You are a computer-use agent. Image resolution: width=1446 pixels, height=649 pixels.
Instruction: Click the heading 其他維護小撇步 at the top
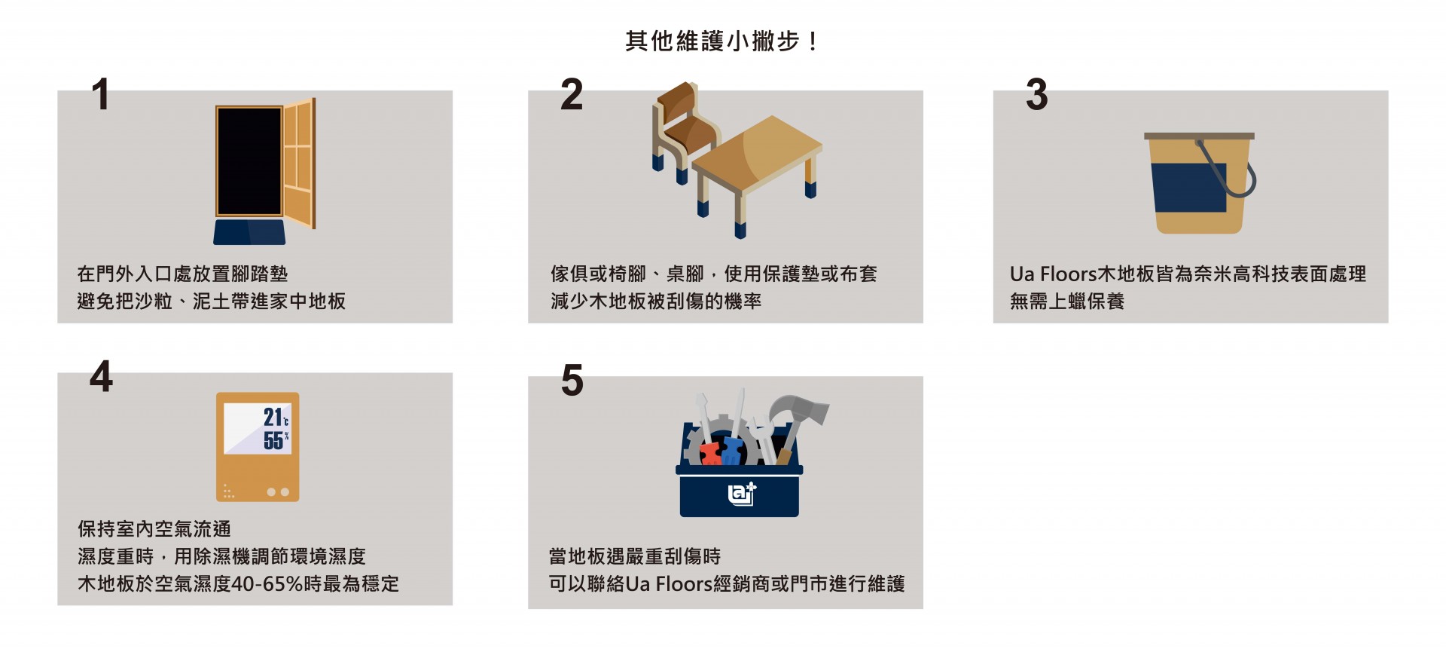pos(712,41)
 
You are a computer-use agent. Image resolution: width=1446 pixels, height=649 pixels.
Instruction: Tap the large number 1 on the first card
pos(100,95)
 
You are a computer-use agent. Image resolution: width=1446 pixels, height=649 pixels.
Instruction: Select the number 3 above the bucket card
pos(1036,95)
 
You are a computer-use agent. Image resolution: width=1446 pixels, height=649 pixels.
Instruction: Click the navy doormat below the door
pos(249,232)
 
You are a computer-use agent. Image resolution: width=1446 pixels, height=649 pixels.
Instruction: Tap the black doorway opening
pos(249,161)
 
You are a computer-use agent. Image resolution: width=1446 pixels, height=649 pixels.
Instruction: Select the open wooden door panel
pos(299,163)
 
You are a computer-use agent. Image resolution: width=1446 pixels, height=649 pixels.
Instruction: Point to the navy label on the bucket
pos(1189,187)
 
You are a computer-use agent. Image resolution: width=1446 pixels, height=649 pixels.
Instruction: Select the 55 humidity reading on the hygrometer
pos(273,440)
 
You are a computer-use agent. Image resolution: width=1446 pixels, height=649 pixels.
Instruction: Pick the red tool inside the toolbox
pos(710,454)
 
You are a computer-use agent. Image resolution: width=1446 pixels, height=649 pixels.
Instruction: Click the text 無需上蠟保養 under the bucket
pos(1067,302)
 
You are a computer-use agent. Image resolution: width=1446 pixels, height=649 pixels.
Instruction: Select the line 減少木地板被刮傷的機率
pos(656,302)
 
